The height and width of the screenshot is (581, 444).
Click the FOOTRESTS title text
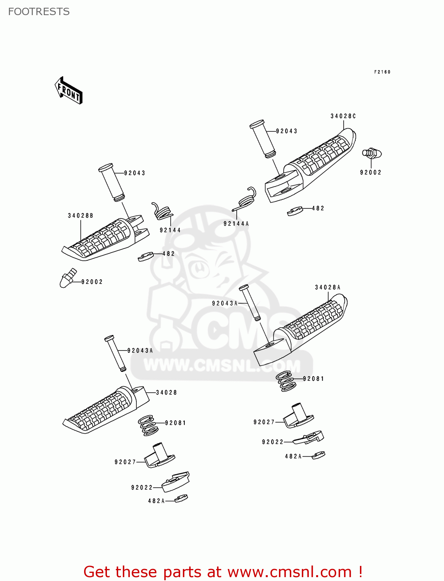tap(39, 12)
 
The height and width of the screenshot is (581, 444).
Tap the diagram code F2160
tap(382, 72)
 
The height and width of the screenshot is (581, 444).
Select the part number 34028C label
tap(343, 116)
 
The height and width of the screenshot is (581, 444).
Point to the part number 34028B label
tap(80, 216)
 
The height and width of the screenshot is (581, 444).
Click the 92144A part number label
tap(236, 224)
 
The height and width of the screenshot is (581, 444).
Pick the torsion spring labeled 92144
tap(162, 211)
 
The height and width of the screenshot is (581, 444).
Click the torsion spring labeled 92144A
tap(246, 199)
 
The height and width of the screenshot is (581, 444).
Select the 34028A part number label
tap(327, 287)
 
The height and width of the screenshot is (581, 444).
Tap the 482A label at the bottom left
tap(156, 501)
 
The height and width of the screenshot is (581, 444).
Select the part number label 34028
tap(166, 393)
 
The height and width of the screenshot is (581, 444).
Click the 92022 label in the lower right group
tap(273, 442)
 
